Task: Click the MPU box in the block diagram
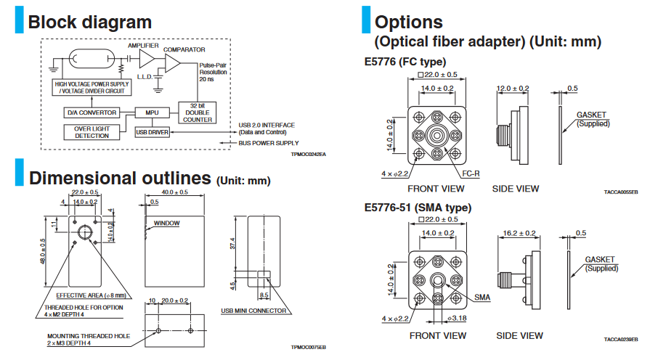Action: click(x=152, y=112)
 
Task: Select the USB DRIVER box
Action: click(x=152, y=131)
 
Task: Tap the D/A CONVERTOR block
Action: click(x=91, y=112)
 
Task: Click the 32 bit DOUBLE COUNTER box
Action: click(x=197, y=115)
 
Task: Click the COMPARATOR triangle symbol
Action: click(x=172, y=65)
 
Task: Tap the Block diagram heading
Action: click(x=89, y=22)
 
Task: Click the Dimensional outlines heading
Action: click(x=120, y=177)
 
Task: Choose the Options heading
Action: click(x=409, y=22)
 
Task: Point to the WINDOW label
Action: click(x=167, y=224)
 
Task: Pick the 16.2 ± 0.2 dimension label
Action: click(x=519, y=233)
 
